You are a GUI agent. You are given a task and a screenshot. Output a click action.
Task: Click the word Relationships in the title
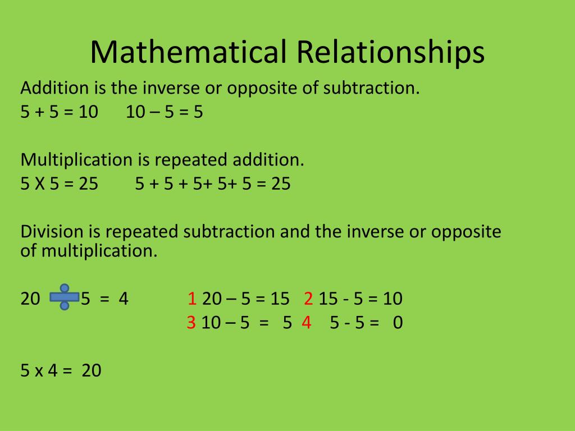[390, 53]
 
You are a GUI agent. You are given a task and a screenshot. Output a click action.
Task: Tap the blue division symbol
[64, 297]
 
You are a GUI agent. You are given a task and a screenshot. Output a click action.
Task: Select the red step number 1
[192, 299]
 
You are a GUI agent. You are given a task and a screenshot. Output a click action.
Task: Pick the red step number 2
[308, 299]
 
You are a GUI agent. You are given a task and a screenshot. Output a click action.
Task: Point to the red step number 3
[191, 323]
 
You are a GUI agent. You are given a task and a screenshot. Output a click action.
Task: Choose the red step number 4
[306, 323]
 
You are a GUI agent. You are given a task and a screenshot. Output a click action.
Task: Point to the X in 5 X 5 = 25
[40, 184]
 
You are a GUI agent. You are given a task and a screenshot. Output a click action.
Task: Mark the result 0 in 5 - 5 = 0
[398, 323]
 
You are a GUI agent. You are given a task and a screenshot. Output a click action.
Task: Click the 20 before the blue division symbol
[30, 299]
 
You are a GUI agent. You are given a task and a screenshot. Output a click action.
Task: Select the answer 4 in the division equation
[124, 299]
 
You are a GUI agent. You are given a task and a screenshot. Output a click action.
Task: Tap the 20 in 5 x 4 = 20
[91, 371]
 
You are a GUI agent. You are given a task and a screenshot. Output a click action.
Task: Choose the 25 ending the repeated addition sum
[281, 184]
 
